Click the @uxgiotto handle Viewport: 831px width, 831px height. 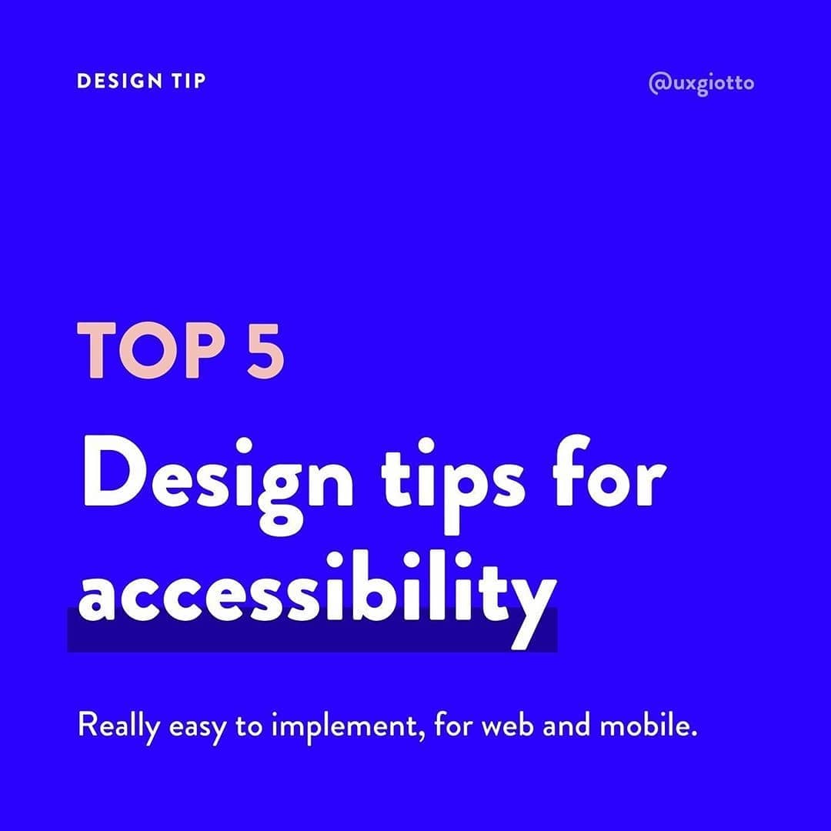pyautogui.click(x=701, y=84)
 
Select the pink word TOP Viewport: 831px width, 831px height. pyautogui.click(x=151, y=350)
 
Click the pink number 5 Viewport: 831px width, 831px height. pyautogui.click(x=265, y=351)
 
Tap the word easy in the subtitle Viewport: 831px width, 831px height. pyautogui.click(x=197, y=729)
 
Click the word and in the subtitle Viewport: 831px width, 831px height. pyautogui.click(x=566, y=725)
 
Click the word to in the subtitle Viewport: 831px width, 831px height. pyautogui.click(x=249, y=726)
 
